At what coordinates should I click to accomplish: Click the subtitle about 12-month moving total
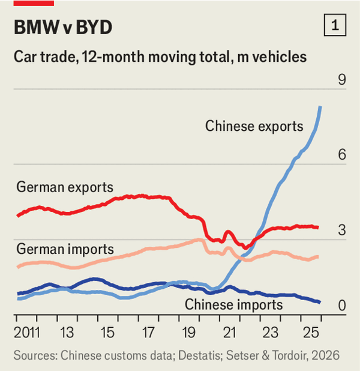[160, 57]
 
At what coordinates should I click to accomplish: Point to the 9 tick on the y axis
[342, 80]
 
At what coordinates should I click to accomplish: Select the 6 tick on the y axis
[342, 155]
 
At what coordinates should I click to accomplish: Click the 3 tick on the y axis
[342, 231]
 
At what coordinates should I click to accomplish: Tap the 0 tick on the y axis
[342, 306]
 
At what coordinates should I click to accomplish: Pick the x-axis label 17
[148, 332]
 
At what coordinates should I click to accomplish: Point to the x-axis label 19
[188, 332]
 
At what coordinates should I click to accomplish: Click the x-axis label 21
[229, 332]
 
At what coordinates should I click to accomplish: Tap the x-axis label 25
[310, 332]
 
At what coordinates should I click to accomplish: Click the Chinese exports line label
[254, 126]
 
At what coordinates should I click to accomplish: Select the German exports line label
[65, 187]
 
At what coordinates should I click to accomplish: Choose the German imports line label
[65, 248]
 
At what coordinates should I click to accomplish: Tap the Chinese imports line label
[233, 304]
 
